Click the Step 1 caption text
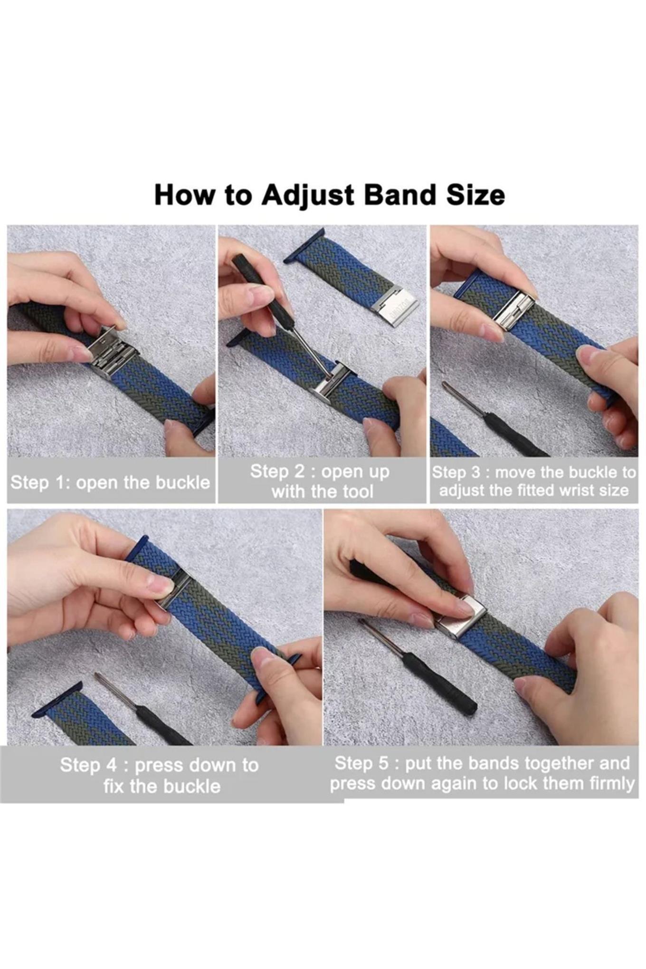pyautogui.click(x=110, y=482)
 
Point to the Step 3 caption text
pyautogui.click(x=534, y=481)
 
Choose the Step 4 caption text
pyautogui.click(x=160, y=775)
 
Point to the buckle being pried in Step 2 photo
pyautogui.click(x=332, y=382)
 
